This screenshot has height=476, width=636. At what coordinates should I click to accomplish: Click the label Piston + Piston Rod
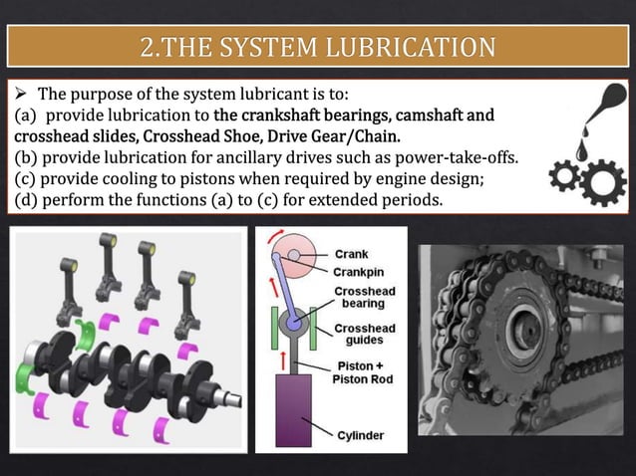pos(364,371)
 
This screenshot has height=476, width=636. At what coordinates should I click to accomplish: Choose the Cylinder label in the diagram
pos(359,435)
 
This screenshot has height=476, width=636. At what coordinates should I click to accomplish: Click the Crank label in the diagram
pos(350,254)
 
